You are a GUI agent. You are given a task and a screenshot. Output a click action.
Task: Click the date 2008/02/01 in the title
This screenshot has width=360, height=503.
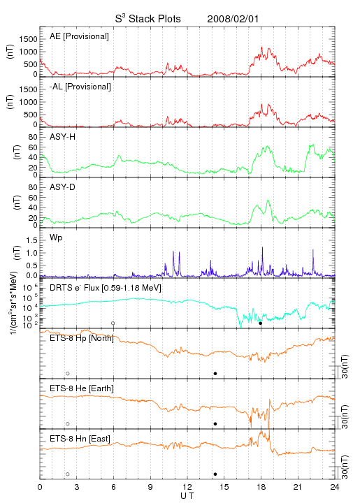click(x=233, y=19)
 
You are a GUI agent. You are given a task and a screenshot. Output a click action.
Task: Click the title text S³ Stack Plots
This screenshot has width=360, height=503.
click(x=148, y=18)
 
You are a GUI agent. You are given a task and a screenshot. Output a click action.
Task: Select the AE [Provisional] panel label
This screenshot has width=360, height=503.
click(x=79, y=36)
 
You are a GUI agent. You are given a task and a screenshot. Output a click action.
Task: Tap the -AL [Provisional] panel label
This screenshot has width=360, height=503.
click(x=80, y=87)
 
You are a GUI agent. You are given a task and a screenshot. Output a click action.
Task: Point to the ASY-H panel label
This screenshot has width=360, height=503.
click(x=63, y=137)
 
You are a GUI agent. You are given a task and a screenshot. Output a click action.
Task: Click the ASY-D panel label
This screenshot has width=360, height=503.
click(x=63, y=187)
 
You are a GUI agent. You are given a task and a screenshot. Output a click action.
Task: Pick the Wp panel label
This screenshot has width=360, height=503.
click(x=56, y=238)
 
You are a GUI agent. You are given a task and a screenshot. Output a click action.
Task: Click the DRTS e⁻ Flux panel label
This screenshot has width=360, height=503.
click(x=106, y=288)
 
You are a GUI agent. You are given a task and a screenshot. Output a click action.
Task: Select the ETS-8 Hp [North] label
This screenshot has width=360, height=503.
click(x=82, y=338)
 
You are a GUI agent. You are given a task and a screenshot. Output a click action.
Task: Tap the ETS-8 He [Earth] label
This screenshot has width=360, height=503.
click(x=82, y=388)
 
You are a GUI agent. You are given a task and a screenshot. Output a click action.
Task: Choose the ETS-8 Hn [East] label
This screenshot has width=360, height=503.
click(x=80, y=439)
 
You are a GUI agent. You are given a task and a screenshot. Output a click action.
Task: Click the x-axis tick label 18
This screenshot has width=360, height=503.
click(x=261, y=487)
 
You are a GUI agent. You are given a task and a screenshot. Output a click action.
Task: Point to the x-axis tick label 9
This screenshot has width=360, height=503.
click(x=150, y=487)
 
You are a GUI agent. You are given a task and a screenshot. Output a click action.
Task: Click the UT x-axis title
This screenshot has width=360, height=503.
click(x=187, y=496)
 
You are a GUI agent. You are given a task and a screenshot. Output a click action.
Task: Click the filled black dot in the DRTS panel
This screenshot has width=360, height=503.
click(x=261, y=323)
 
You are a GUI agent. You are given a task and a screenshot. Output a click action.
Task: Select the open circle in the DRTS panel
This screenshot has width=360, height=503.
click(x=113, y=323)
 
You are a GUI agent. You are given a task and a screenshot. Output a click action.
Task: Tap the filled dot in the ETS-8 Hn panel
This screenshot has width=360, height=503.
click(x=215, y=474)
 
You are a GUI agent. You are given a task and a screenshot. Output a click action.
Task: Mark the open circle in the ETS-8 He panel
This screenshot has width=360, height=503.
click(x=68, y=424)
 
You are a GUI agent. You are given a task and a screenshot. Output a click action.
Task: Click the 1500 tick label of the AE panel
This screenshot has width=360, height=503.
click(x=28, y=39)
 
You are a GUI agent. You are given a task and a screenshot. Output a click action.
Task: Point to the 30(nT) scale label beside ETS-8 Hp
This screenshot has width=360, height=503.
click(x=345, y=367)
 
